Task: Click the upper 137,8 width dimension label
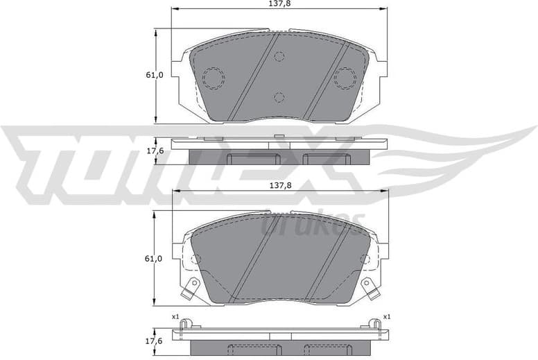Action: [x=279, y=4]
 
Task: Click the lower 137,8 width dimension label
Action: [x=279, y=187]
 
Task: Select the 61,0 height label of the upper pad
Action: [x=154, y=75]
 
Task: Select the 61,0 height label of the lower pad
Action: [x=154, y=259]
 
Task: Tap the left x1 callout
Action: [x=176, y=317]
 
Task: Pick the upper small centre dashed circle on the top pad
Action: [x=279, y=56]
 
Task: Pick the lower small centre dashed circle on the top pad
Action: [x=279, y=96]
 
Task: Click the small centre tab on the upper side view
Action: [x=279, y=136]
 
